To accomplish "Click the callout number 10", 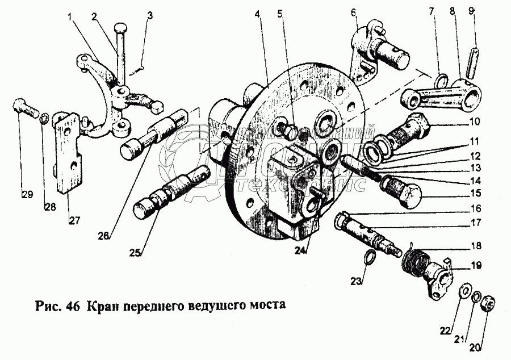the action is pyautogui.click(x=475, y=121).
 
